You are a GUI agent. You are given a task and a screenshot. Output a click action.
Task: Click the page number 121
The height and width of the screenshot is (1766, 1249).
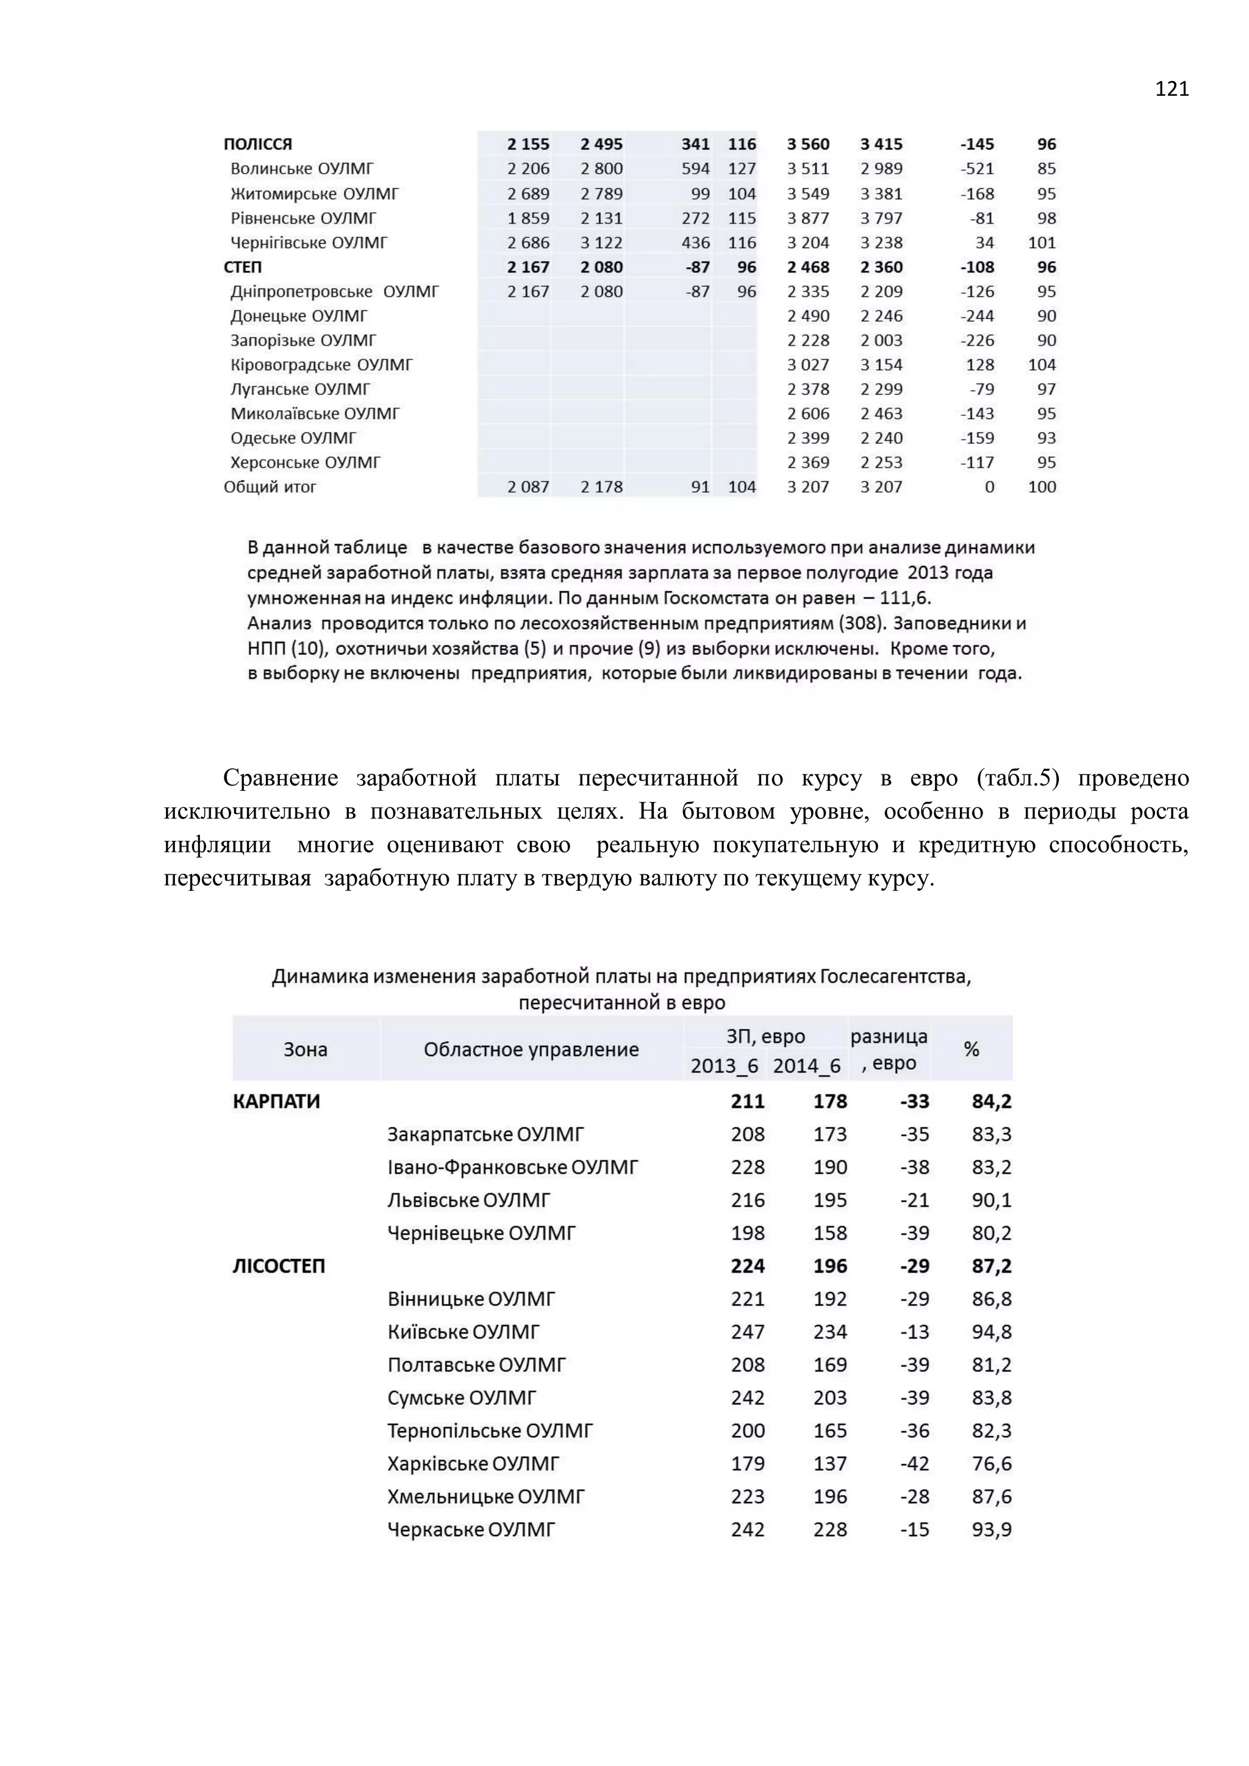click(1172, 89)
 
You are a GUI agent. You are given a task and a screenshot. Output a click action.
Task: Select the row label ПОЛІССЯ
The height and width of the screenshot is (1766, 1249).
click(257, 144)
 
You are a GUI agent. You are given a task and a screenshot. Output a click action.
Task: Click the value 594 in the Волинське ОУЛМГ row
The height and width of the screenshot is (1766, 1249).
click(695, 168)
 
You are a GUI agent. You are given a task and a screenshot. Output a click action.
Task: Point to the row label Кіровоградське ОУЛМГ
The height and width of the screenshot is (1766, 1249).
click(321, 365)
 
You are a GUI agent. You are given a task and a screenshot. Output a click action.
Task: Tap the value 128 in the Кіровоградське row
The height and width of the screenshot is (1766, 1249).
click(980, 365)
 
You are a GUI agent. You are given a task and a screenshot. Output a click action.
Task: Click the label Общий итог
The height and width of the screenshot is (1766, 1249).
click(270, 487)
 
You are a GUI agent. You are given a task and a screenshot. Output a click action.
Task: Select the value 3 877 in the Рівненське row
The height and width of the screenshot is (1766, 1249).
click(807, 218)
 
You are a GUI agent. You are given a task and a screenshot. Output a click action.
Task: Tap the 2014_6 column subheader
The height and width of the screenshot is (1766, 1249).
click(806, 1065)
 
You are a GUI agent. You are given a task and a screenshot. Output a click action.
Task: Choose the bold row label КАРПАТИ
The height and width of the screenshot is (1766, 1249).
click(276, 1101)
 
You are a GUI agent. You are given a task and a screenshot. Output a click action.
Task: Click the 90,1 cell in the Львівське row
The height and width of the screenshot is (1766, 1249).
click(992, 1200)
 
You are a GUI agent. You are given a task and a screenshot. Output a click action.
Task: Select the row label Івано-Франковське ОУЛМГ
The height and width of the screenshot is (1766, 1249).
click(512, 1167)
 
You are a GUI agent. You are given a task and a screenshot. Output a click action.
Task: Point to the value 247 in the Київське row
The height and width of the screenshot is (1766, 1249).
click(748, 1331)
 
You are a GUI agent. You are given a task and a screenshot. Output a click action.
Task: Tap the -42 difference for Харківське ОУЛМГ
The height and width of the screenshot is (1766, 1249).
click(914, 1463)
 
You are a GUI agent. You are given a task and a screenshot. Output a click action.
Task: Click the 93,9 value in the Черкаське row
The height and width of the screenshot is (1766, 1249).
click(992, 1529)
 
